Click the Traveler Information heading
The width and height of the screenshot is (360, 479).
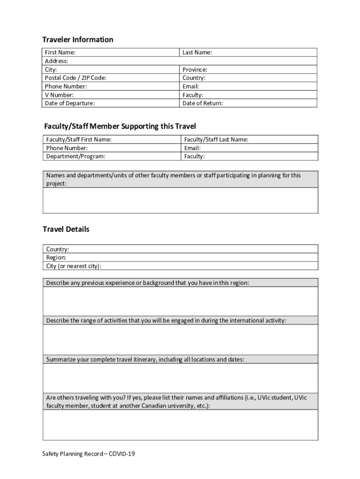point(78,40)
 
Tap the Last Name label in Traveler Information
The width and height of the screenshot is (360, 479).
point(197,53)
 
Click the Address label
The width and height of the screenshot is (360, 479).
point(57,61)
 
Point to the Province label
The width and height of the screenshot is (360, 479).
point(195,70)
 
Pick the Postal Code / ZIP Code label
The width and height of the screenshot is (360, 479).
point(75,78)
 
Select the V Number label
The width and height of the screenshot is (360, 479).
point(59,95)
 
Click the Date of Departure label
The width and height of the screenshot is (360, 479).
point(70,103)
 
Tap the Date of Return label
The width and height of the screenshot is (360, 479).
point(202,103)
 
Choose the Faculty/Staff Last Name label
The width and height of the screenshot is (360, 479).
point(216,139)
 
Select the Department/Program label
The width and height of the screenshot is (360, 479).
point(76,156)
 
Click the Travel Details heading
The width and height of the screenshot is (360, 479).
point(66,229)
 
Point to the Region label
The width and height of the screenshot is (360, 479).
point(56,258)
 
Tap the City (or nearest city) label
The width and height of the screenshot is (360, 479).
point(74,266)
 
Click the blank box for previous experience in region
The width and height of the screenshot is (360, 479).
point(180,301)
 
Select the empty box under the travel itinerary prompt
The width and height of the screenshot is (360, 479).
point(180,378)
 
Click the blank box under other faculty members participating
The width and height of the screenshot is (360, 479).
point(180,200)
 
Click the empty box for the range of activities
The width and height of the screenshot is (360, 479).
point(180,340)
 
